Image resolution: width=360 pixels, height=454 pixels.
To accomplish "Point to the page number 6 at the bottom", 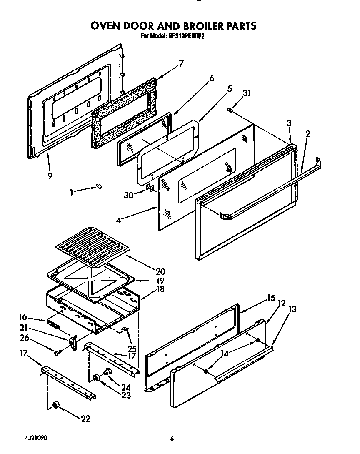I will point(172,439).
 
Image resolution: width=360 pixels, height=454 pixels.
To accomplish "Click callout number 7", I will point(181,63).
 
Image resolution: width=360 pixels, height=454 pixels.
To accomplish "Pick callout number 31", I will point(247,93).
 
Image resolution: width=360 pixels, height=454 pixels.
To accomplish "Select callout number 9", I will point(50,176).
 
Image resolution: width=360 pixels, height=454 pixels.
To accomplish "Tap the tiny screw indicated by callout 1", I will point(99,186).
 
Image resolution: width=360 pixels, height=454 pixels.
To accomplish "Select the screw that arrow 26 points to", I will point(57,353).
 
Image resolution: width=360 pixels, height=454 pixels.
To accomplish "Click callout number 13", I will point(292,309).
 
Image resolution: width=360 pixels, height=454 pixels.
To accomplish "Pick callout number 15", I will point(271,298).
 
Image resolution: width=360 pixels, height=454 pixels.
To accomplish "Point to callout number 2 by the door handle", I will point(307,134).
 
